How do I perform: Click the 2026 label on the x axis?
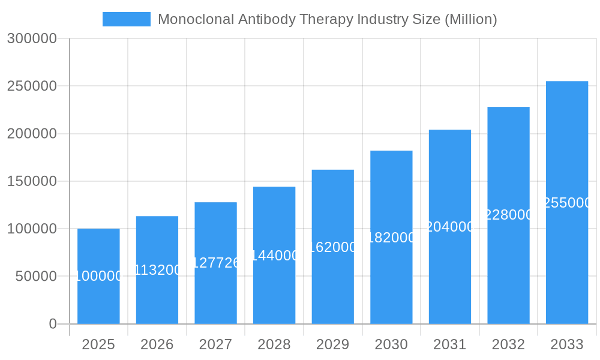[157, 344]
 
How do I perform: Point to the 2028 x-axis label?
[274, 344]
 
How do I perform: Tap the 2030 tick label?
[391, 344]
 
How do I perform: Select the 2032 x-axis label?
[508, 344]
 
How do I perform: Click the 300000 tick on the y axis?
[32, 38]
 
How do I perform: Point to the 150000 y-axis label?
[32, 181]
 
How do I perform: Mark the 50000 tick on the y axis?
[36, 277]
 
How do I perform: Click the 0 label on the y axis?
[53, 324]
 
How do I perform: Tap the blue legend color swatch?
[127, 19]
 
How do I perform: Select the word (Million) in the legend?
[470, 19]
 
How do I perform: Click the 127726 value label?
[215, 263]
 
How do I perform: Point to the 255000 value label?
[566, 203]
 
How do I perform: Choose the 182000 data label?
[391, 238]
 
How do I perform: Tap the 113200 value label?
[157, 270]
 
